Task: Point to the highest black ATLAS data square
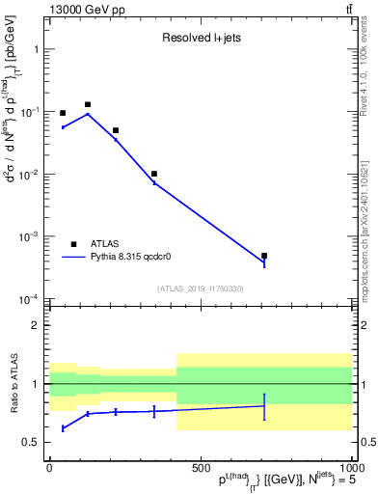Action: click(88, 104)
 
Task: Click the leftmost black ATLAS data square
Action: click(63, 113)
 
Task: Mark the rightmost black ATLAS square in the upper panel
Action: click(264, 256)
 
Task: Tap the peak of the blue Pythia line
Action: click(88, 114)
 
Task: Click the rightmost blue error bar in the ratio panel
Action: click(264, 406)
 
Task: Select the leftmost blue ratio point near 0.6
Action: click(63, 427)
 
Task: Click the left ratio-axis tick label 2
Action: click(36, 325)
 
